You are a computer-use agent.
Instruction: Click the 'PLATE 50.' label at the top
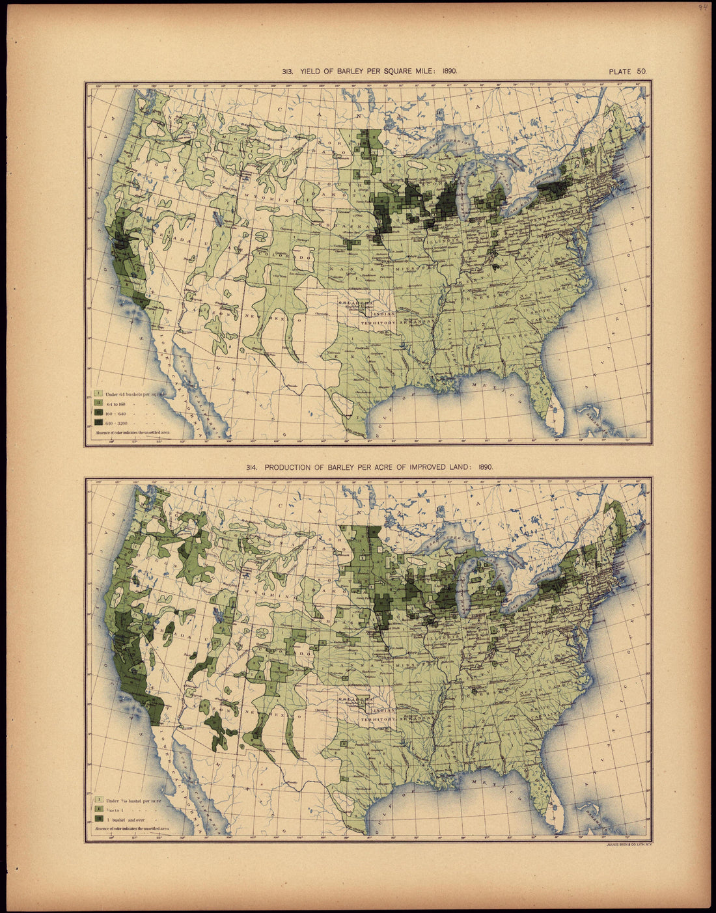pos(627,72)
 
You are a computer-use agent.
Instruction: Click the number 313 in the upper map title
pos(287,72)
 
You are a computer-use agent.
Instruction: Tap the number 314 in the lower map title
pos(252,467)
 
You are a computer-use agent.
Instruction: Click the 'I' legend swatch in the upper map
pos(98,393)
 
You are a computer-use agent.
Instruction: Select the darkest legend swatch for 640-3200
pos(98,422)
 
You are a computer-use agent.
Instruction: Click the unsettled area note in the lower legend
pos(132,828)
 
